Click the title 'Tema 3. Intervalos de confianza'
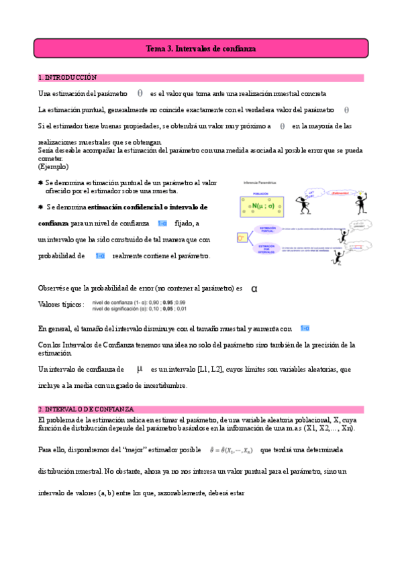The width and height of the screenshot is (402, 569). (x=201, y=49)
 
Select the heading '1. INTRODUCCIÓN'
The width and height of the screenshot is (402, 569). (x=68, y=78)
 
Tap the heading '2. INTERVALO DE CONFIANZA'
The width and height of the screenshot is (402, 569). (x=86, y=409)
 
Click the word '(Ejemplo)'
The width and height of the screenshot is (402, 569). (x=53, y=166)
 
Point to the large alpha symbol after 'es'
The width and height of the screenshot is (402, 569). (x=254, y=289)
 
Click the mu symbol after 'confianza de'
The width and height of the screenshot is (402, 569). (x=140, y=369)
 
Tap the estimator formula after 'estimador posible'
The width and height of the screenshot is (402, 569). (x=229, y=451)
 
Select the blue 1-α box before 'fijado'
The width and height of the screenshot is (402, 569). (x=162, y=223)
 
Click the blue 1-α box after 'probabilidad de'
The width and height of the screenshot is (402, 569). (x=100, y=256)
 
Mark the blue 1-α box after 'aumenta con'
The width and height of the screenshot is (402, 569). (x=305, y=328)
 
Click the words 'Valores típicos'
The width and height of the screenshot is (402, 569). (x=61, y=305)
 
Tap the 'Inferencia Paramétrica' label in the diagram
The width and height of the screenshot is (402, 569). (x=261, y=183)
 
